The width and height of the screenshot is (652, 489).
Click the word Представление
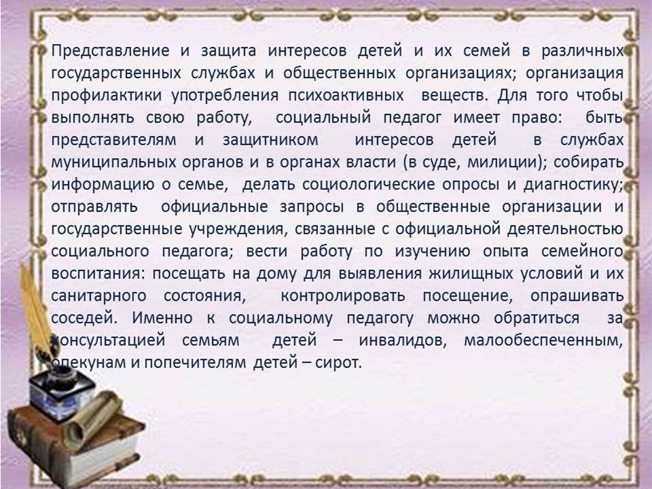(110, 51)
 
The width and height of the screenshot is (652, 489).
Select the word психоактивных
(346, 96)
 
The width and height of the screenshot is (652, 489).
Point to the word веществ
(454, 96)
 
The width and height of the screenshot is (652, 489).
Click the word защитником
(270, 140)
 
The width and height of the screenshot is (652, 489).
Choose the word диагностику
(573, 185)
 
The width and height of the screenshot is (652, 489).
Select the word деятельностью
(566, 230)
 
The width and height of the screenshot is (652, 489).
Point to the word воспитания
(99, 274)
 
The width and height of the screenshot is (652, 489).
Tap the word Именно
(162, 318)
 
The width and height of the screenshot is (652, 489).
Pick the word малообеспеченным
(543, 341)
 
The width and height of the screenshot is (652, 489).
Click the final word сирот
(338, 363)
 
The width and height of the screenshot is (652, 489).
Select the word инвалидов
(403, 341)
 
